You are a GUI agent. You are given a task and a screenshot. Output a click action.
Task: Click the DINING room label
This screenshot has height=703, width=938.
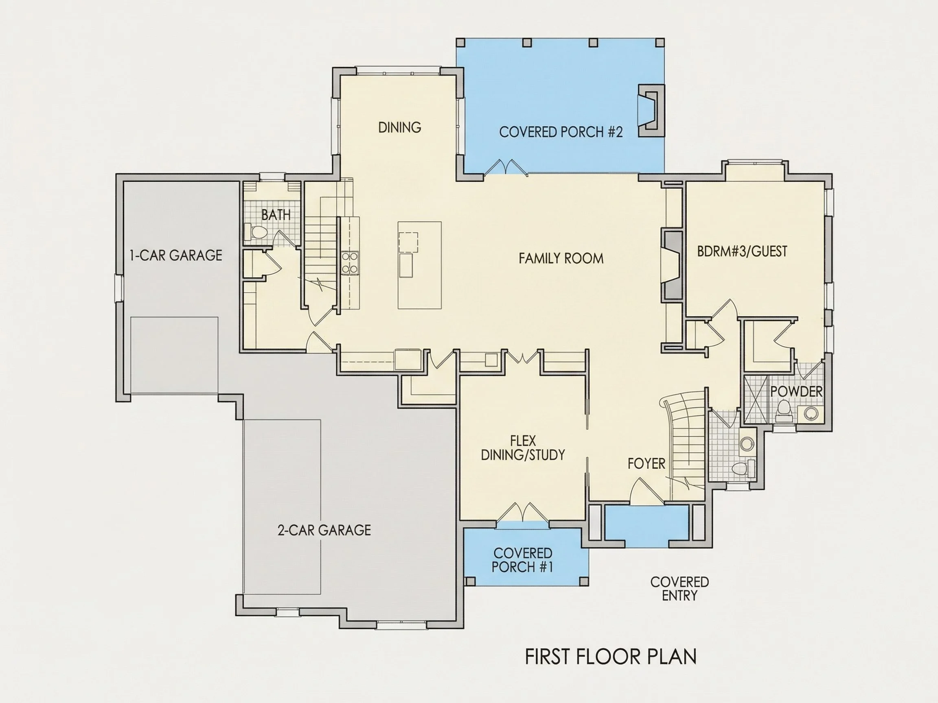pos(399,127)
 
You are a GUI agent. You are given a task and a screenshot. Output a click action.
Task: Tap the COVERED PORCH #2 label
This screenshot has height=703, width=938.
pos(561,132)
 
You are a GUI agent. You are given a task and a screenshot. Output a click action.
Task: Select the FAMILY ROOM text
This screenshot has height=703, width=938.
pos(561,258)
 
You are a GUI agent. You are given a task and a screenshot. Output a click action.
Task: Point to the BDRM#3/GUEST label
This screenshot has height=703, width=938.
pos(742,251)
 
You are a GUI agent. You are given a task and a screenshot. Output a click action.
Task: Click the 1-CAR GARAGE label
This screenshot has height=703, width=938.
pos(175,255)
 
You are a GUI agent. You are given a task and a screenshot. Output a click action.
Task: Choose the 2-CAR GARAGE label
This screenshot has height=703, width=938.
pos(324,530)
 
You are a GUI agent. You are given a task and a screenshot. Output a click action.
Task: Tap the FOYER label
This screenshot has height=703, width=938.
pos(646,464)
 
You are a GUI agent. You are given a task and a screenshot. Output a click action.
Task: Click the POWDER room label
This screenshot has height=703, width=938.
pos(796,391)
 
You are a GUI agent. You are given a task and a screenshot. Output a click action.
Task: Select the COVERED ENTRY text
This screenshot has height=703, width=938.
pos(679,589)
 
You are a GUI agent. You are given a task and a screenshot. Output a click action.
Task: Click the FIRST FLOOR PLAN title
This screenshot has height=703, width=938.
pos(611,656)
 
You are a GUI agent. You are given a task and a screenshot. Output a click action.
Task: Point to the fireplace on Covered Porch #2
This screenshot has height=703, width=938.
pos(651,110)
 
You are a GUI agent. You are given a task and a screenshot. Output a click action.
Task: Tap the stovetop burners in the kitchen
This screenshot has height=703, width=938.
pos(350,263)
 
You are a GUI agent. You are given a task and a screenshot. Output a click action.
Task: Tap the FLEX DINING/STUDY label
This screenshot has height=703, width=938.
pos(523,448)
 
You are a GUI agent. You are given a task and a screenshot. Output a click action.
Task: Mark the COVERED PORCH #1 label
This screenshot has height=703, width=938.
pos(522,560)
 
